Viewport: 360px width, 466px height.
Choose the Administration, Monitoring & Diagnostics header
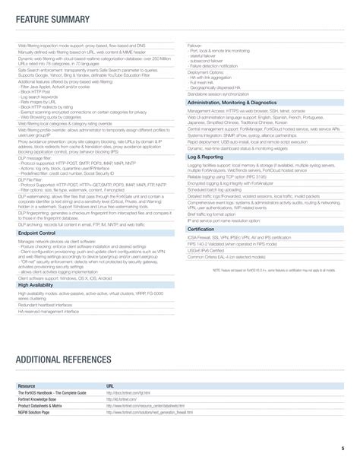[232, 100]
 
